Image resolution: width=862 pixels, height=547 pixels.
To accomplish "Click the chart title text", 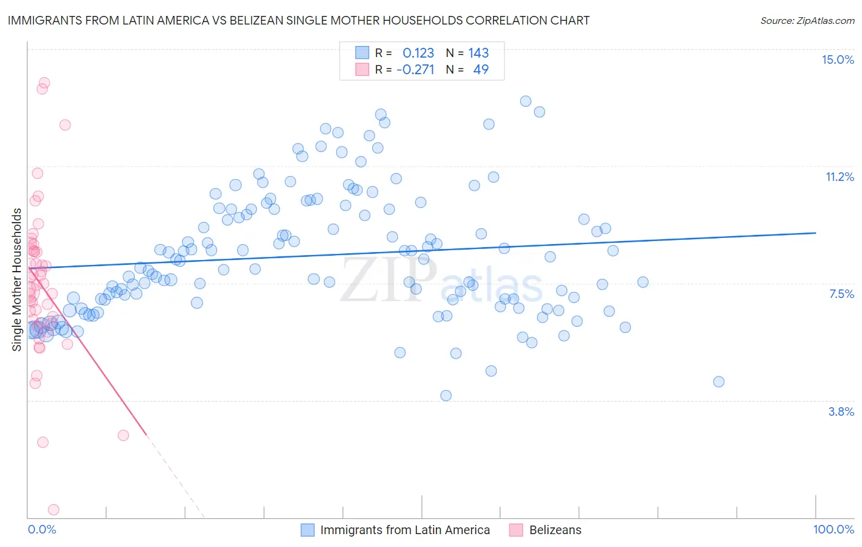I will coord(299,20).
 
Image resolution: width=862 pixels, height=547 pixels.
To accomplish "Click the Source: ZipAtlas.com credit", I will coord(807,20).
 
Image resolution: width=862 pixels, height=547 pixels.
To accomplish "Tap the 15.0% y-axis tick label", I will coord(837,59).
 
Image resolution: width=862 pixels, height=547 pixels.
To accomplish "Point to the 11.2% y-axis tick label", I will coord(839,177).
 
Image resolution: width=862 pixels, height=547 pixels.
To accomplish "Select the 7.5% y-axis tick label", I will coord(841,294).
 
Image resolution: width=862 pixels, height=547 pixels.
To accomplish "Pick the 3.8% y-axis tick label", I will coord(841,411).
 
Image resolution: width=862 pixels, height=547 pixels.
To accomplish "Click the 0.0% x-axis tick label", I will coord(42,529).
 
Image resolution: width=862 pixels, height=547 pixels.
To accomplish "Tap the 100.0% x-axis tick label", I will coord(833,529).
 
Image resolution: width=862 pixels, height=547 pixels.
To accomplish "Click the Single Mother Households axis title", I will coord(17,280).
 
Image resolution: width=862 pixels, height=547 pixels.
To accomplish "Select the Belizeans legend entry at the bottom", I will coord(555,530).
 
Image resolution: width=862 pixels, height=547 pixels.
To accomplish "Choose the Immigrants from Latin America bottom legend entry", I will coord(405,530).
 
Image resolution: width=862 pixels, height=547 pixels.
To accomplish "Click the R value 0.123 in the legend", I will coord(418,53).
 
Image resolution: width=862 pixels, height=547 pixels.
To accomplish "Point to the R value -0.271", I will coord(415,69).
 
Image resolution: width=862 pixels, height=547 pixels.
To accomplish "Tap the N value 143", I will coord(478,53).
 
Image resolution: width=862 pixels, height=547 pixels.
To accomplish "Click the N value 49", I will coord(481,69).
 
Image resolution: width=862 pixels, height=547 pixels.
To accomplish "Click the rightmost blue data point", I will coord(719,381).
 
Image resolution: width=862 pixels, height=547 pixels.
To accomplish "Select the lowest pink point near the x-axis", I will coord(53,510).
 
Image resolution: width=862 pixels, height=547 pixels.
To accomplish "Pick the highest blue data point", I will coord(525,101).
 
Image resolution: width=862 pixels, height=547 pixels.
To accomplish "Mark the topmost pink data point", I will coord(44,83).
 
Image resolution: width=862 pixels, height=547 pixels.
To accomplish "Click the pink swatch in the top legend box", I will coord(362,69).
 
